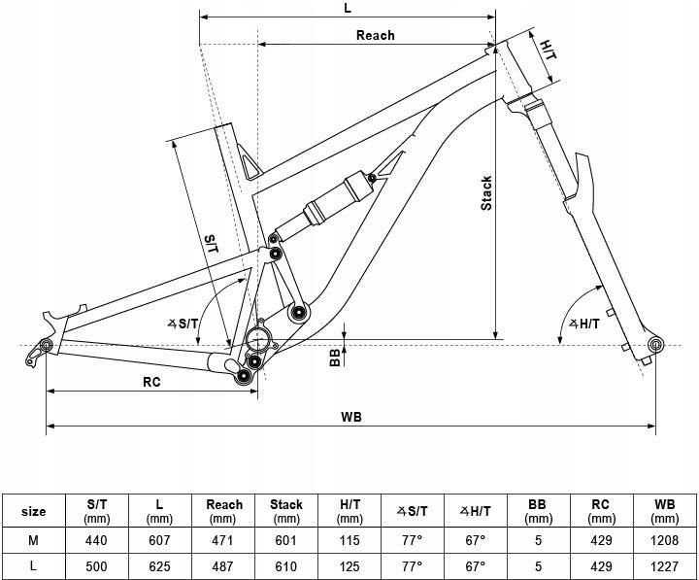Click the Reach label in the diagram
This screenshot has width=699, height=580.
(375, 36)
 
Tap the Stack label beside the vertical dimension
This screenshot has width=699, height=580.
(487, 192)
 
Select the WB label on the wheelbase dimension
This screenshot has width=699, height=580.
(351, 417)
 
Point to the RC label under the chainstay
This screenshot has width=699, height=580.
(151, 382)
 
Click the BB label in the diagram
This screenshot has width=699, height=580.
(335, 358)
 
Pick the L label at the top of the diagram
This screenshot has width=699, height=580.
(348, 8)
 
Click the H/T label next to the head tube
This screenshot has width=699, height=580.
(548, 48)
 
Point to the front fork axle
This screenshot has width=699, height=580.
(655, 345)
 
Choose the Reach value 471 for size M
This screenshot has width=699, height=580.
(224, 540)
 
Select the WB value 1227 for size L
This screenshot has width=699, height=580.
(664, 565)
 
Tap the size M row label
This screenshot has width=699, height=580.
(33, 540)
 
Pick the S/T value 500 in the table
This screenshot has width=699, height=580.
(97, 565)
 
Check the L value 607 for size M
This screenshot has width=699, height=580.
(160, 540)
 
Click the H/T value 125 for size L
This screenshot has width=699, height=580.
(349, 565)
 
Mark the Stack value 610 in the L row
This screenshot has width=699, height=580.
(286, 565)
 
